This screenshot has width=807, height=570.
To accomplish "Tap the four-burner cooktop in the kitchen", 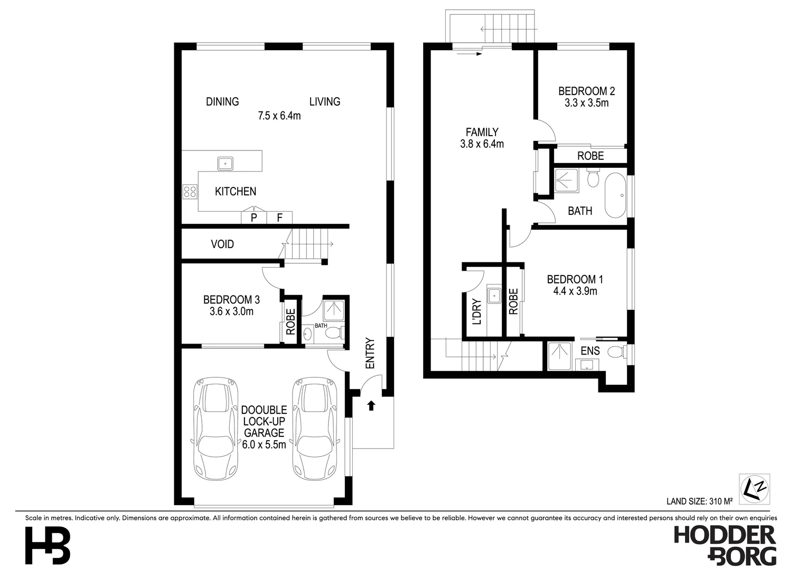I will point(190,191).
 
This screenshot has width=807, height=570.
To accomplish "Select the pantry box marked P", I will point(254,217).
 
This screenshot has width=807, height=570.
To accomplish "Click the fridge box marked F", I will point(279,217).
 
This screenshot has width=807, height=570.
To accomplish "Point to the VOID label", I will point(222,244).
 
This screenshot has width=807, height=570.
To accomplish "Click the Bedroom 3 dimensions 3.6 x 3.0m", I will point(231,312).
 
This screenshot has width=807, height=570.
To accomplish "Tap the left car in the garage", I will point(215,428).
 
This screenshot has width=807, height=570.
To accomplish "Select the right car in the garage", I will point(315,428).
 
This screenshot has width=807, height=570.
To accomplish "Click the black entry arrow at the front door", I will point(371,405).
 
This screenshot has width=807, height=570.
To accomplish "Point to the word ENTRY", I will point(370,353).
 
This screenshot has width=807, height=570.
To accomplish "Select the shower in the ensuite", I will point(560,356).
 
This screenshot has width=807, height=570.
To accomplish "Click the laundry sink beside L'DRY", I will point(494,296).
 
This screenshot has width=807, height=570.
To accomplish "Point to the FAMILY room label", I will point(482,132).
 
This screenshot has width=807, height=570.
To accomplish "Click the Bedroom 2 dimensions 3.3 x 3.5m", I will point(586,103).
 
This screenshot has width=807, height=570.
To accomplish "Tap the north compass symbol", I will point(755,489).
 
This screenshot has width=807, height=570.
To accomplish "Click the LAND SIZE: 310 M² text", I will point(699,501).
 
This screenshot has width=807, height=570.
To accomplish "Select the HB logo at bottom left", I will point(48,546).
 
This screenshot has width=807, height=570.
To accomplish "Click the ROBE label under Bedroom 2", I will point(590,156).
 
